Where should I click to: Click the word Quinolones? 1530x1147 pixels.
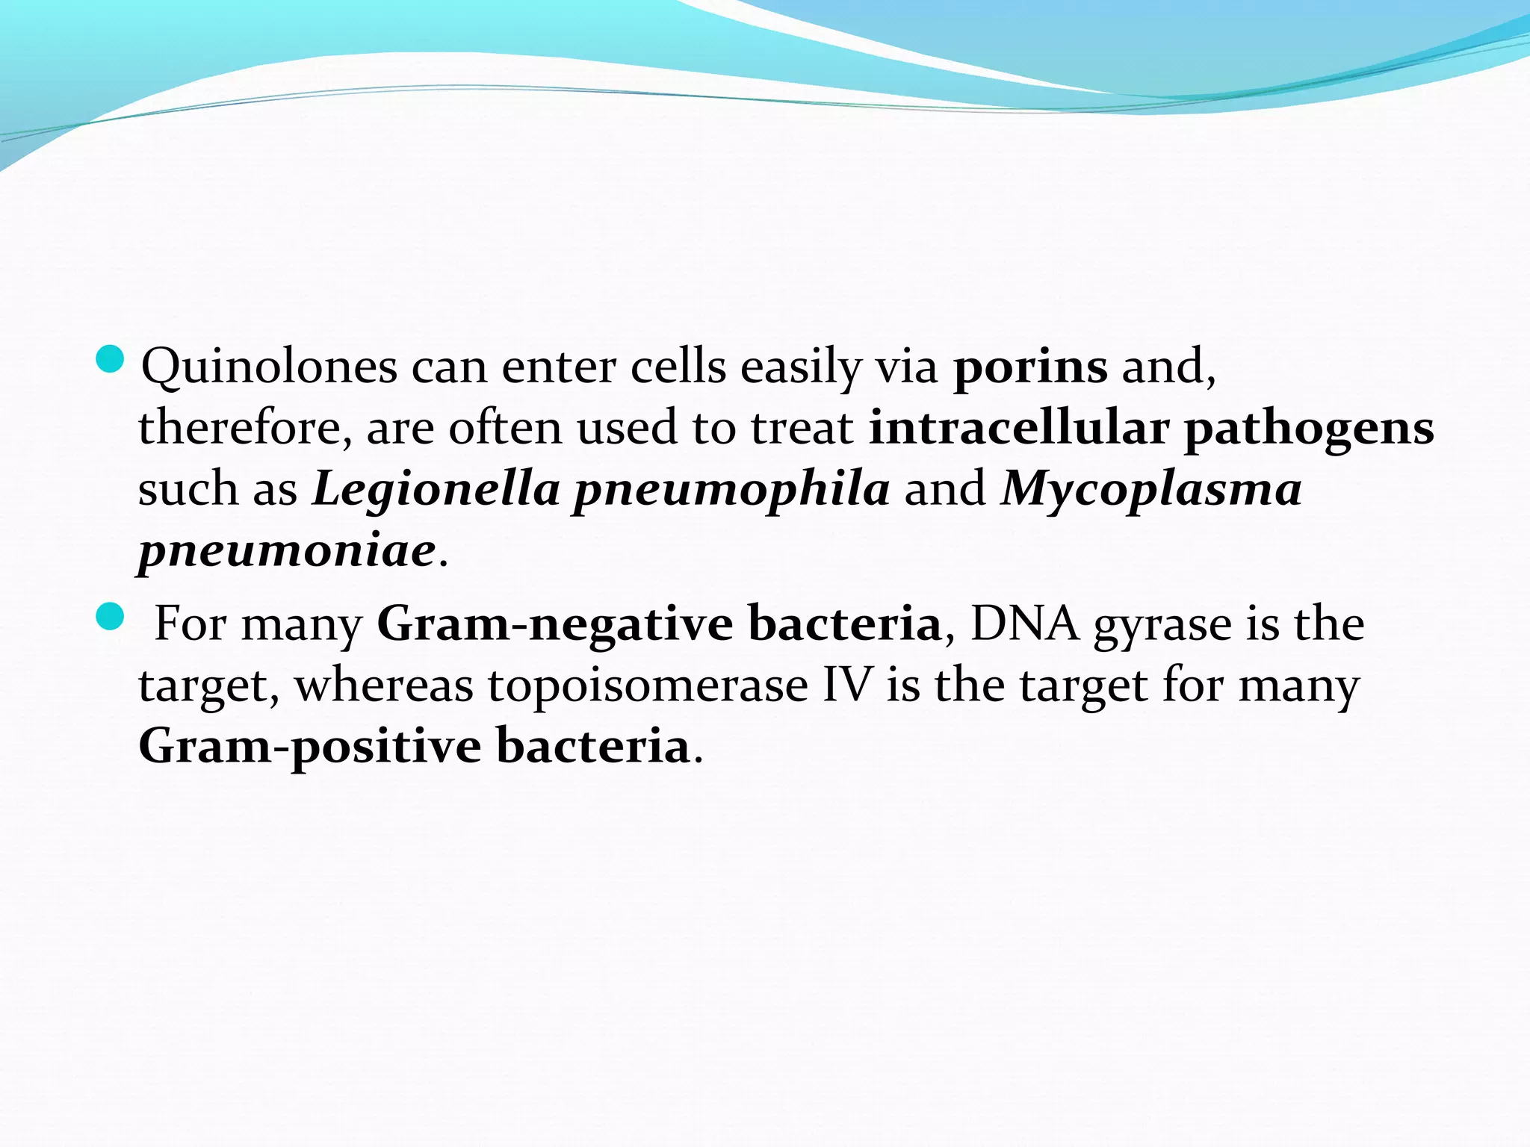point(269,367)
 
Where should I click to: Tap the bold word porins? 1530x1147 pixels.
point(1030,367)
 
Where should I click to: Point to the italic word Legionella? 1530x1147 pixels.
point(436,490)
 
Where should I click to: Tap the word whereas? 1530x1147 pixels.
point(384,686)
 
